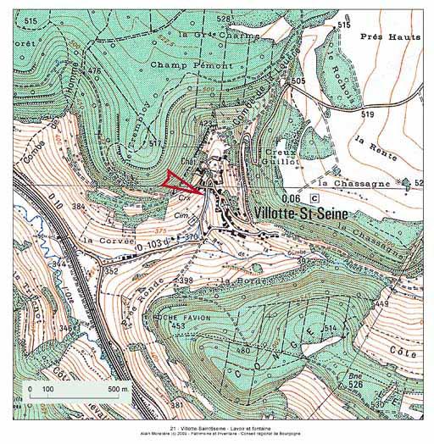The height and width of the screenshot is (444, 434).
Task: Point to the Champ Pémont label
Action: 181,64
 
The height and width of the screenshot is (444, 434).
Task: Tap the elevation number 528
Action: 224,18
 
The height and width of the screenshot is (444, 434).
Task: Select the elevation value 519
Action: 366,114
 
